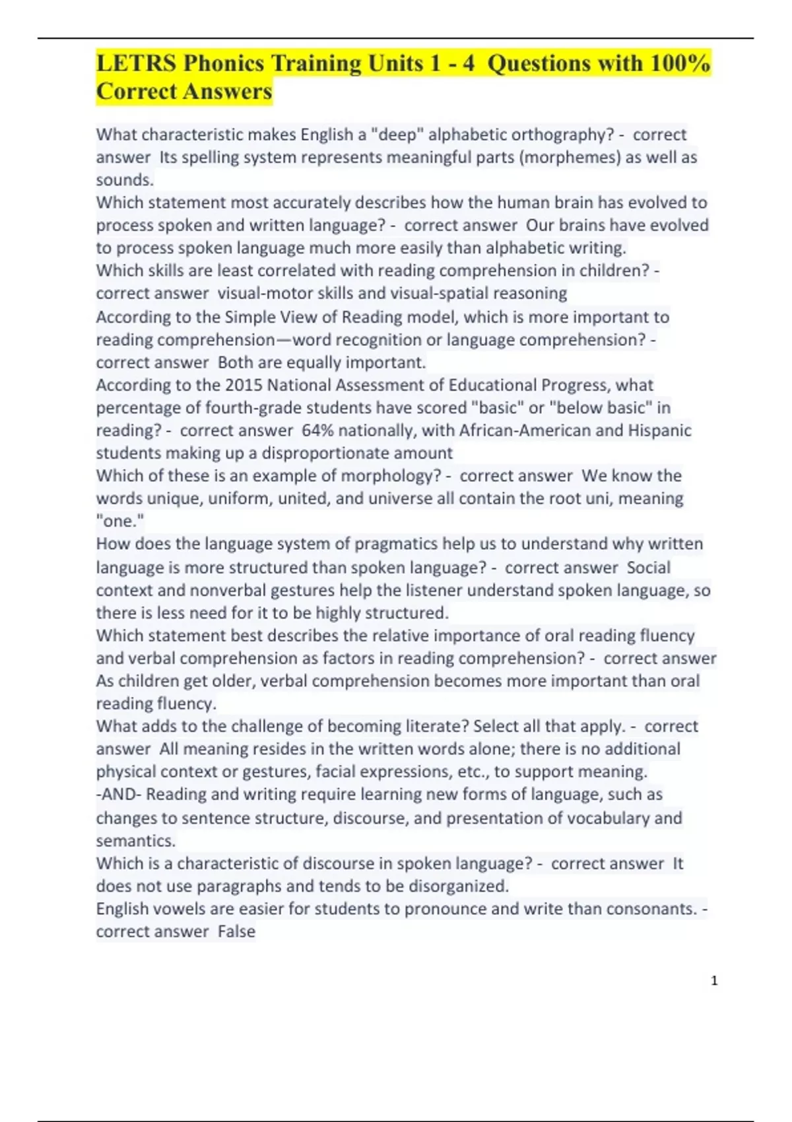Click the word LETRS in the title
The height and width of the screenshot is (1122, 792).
point(136,63)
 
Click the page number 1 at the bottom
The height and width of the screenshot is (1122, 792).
point(714,981)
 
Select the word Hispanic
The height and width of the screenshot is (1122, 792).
point(659,430)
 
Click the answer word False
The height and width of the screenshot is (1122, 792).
point(236,931)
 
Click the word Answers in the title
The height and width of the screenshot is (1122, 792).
point(231,91)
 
